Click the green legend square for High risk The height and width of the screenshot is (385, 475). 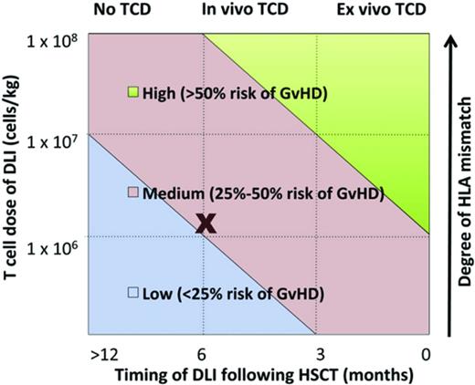(132, 92)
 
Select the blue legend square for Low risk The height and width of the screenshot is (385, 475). (132, 293)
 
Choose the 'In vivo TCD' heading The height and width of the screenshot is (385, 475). (237, 10)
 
